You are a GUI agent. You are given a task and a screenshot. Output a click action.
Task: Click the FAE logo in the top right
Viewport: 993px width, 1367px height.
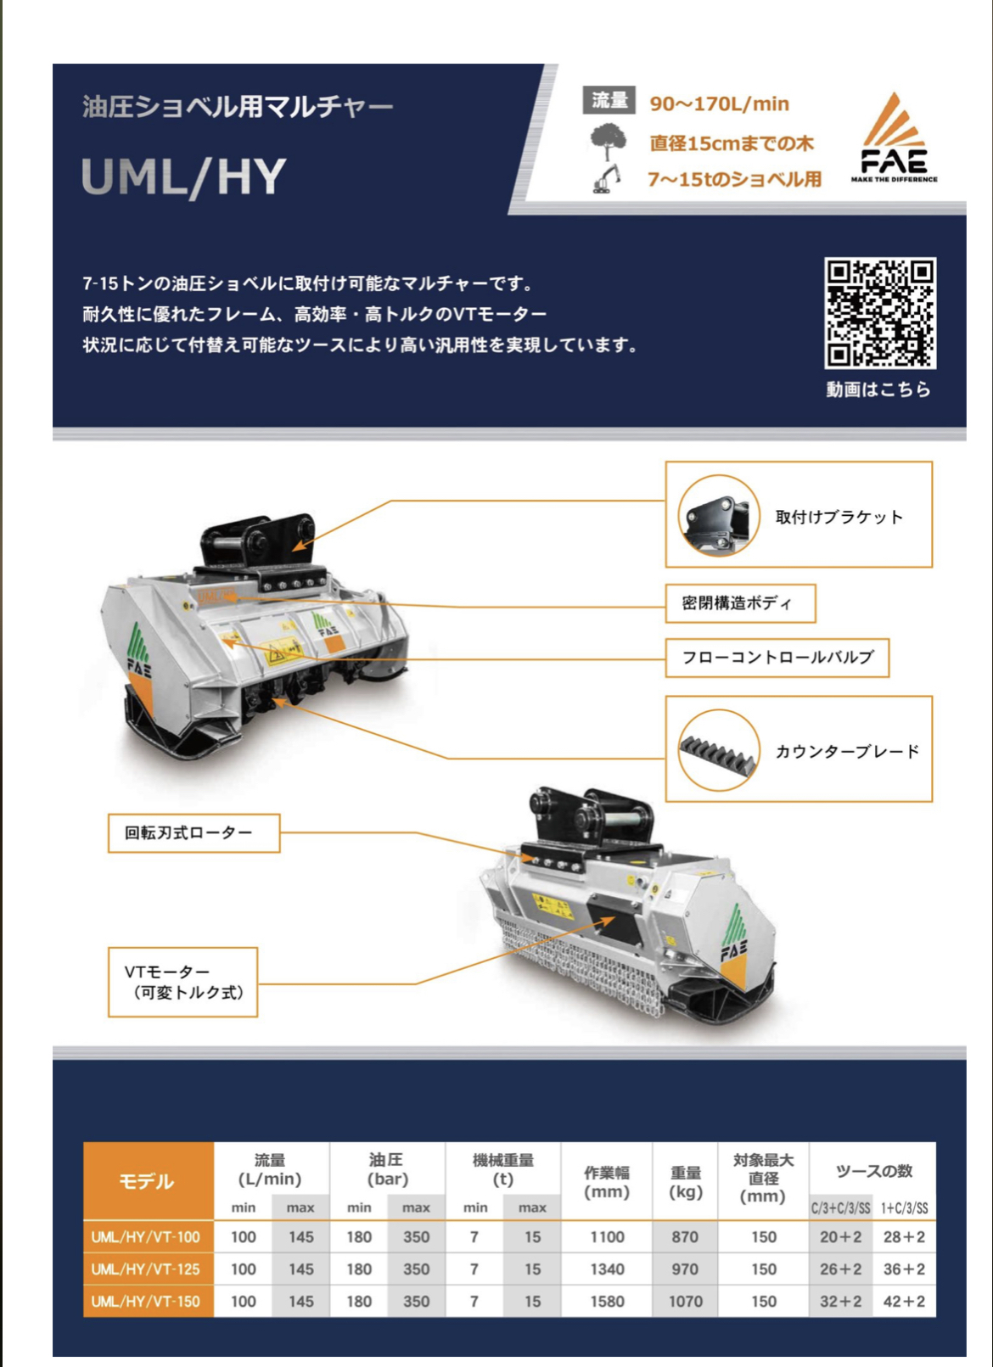(894, 138)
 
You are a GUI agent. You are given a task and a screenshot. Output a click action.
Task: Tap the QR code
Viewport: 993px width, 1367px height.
(880, 313)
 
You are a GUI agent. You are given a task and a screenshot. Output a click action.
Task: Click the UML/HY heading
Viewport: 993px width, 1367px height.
(183, 176)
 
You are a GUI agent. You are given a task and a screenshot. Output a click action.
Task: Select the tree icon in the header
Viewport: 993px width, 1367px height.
(608, 141)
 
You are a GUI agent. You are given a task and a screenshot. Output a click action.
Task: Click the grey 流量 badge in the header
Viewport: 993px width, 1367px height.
(609, 100)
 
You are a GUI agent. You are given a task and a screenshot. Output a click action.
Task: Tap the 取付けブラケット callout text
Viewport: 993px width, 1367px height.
(839, 517)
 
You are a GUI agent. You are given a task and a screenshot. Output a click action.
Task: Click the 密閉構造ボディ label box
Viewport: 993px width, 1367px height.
(740, 603)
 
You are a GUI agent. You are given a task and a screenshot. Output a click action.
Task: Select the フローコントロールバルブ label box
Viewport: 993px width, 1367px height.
(777, 658)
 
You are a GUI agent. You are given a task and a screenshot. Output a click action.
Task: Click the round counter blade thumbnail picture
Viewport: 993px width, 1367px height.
(718, 750)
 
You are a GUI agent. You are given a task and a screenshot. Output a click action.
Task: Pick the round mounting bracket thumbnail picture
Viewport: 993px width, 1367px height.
(718, 516)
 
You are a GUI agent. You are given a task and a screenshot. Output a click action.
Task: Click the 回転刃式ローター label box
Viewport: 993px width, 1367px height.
(194, 832)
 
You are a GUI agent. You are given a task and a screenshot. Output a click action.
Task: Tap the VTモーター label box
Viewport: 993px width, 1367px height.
(182, 982)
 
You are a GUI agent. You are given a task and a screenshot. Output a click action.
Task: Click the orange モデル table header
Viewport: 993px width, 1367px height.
(148, 1180)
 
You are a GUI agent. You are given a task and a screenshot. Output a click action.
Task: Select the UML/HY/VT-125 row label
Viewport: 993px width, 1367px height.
(147, 1269)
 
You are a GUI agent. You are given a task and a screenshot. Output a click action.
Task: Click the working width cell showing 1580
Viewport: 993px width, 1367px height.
(607, 1301)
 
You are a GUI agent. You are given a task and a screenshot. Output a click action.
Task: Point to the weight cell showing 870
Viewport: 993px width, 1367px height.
(685, 1237)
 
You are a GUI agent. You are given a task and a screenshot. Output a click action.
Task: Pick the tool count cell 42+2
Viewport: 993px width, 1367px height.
(904, 1301)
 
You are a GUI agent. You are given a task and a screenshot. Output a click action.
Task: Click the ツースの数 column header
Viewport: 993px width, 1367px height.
(872, 1171)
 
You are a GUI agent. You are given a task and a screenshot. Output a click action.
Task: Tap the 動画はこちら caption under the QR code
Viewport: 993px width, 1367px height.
(878, 389)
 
